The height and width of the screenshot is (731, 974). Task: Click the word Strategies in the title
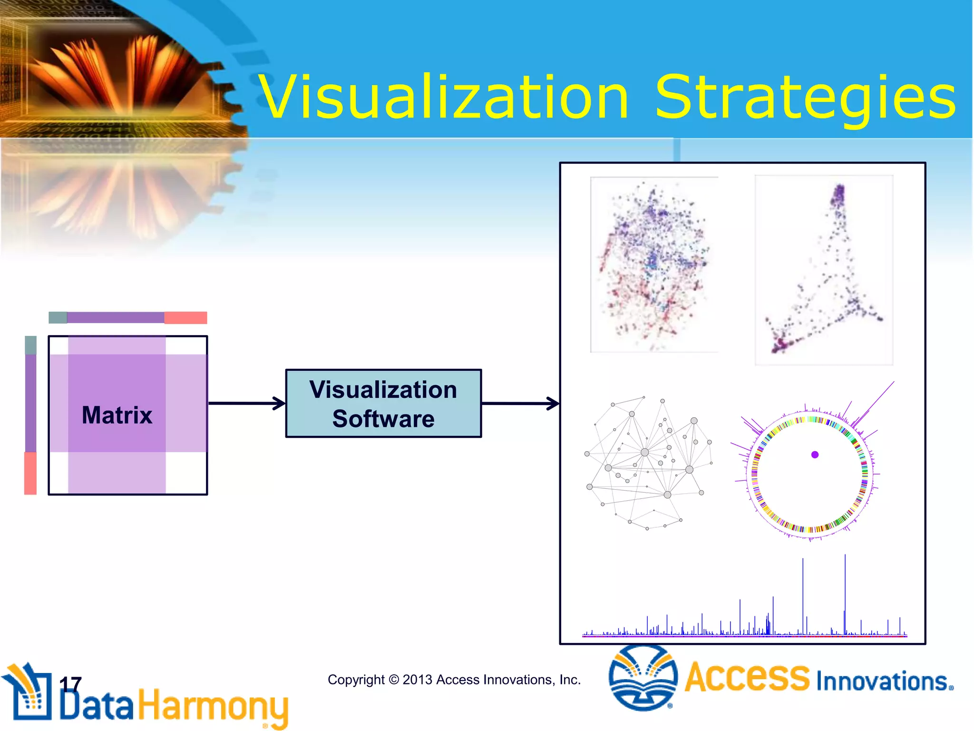805,98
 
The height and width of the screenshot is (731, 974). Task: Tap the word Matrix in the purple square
117,415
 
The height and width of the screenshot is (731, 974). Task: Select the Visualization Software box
383,404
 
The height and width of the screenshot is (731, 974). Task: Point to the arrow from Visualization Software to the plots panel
520,404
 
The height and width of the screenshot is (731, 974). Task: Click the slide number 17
70,684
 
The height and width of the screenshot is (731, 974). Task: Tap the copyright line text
454,680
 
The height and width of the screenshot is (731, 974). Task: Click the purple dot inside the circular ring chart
815,454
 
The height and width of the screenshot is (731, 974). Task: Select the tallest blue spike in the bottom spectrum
845,595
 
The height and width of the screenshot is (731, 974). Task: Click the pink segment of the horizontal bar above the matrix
185,318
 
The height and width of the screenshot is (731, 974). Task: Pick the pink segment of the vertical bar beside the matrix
30,473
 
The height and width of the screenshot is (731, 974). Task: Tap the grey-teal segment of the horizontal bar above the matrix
58,318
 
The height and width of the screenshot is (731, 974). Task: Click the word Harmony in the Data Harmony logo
213,707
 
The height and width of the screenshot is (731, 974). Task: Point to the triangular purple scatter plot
824,270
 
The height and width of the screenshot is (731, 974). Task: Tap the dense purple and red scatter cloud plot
654,265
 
